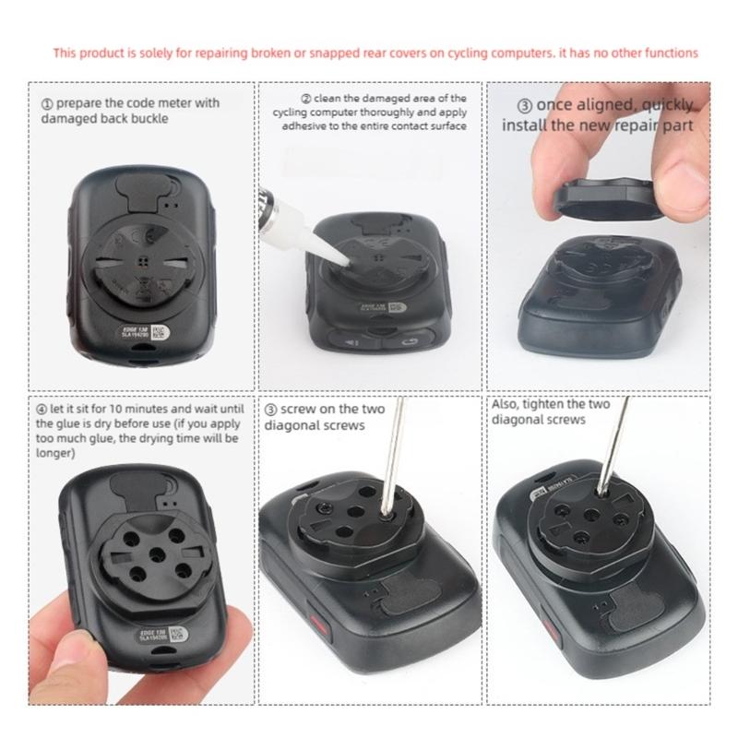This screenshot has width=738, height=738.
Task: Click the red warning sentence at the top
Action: coord(375,54)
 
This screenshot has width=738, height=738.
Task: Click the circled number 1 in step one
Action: coord(46,103)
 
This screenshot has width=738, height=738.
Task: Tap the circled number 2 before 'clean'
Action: coord(306,98)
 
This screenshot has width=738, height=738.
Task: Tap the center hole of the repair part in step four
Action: coord(153,550)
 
